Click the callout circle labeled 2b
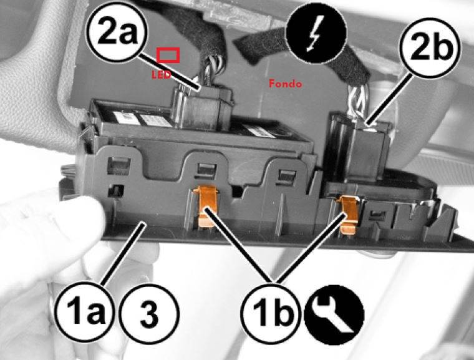(431, 46)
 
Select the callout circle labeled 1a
(85, 313)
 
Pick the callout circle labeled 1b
(271, 313)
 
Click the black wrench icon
(334, 315)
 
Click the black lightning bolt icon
(316, 33)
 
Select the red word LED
(162, 75)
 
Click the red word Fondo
(286, 83)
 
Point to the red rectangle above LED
(168, 55)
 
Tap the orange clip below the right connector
(347, 214)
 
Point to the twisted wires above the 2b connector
(360, 101)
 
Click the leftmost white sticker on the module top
(127, 118)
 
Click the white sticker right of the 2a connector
(259, 131)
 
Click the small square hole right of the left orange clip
(238, 192)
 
